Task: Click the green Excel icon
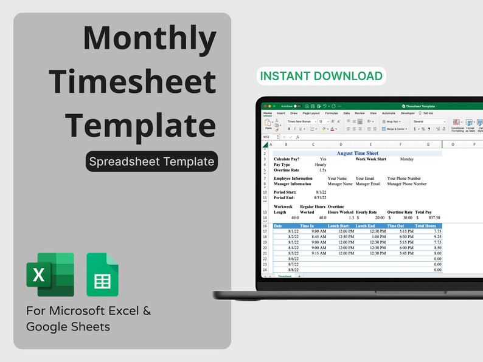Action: point(50,275)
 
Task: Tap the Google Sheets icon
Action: point(102,275)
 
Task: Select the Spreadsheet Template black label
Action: point(151,162)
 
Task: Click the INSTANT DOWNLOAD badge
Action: point(321,76)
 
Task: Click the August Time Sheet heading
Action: point(357,154)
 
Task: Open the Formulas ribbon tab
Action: point(332,113)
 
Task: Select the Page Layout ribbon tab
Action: point(311,113)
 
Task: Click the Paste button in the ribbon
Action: point(268,124)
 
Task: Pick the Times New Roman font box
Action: point(301,121)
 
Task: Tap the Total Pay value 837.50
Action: point(434,217)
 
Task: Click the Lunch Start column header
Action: point(338,226)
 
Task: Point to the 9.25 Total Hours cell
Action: point(434,237)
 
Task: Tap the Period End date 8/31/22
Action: point(320,197)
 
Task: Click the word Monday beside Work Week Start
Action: point(407,159)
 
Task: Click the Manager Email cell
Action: point(368,183)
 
